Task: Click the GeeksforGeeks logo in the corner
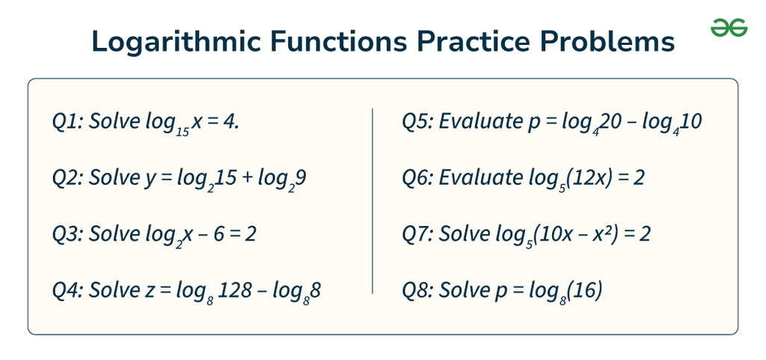click(729, 28)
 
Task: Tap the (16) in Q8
click(586, 290)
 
